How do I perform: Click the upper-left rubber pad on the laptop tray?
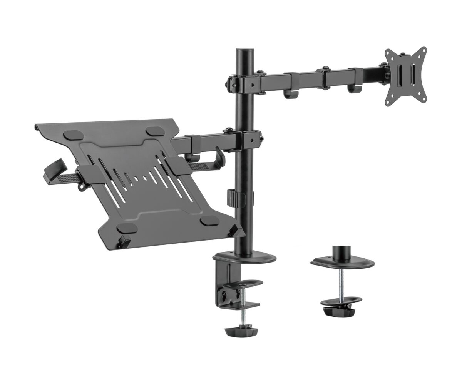pyautogui.click(x=74, y=135)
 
